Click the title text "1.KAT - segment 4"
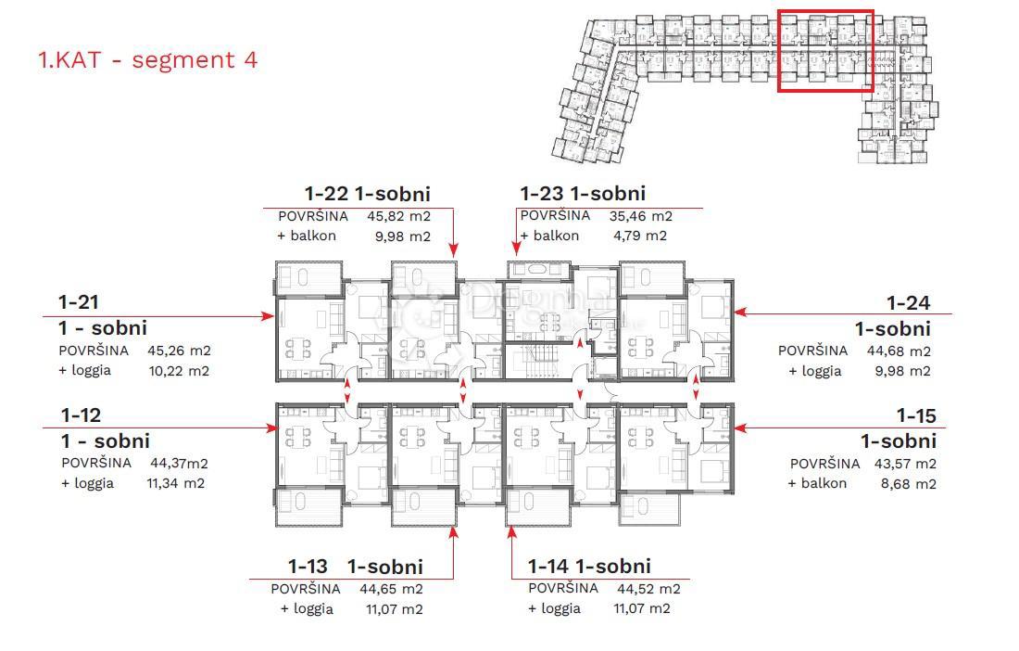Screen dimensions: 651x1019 point(147,60)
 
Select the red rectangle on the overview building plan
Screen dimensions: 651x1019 point(824,51)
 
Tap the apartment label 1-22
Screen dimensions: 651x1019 point(327,194)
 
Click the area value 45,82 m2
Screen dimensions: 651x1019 point(398,216)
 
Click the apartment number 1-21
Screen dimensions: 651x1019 point(79,302)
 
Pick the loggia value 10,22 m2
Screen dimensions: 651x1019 point(178,371)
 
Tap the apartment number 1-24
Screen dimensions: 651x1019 point(908,303)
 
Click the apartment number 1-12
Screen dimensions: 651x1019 point(81,415)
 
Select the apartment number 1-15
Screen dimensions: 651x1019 point(915,416)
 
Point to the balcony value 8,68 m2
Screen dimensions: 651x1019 point(904,484)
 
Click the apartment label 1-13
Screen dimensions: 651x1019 point(308,567)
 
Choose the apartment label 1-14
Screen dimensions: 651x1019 point(547,566)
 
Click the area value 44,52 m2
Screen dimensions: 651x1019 point(648,589)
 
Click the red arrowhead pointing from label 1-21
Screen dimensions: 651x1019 point(269,316)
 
